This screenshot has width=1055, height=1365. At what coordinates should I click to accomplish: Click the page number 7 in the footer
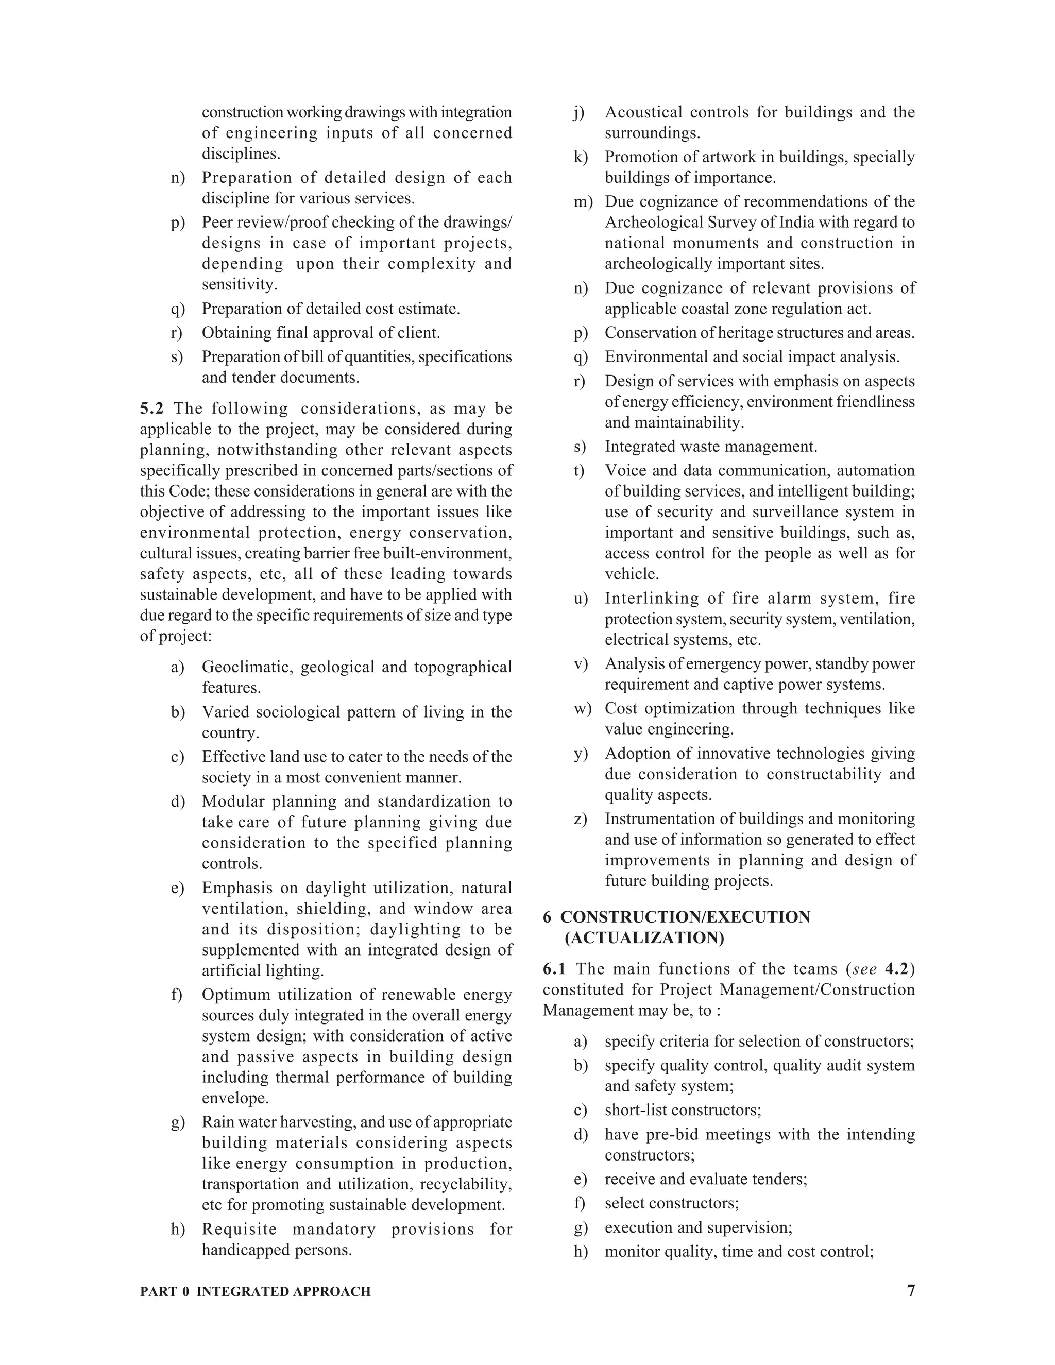point(911,1291)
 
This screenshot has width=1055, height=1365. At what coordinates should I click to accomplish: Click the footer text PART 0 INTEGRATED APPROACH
point(255,1292)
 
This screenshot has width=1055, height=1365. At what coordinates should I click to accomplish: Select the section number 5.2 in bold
point(151,409)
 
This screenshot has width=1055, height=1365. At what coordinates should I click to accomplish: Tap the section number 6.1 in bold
point(554,969)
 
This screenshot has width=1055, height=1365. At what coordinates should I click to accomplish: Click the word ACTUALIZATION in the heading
point(644,938)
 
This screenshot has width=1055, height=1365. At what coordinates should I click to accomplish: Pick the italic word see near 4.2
point(864,969)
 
